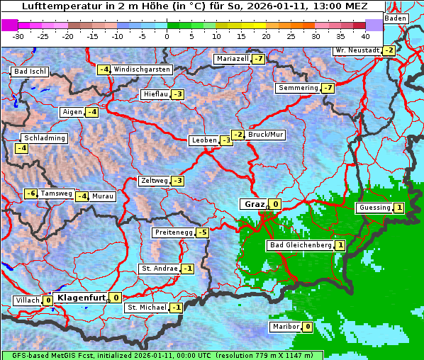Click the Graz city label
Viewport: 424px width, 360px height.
254,204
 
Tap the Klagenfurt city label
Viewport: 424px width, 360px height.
81,298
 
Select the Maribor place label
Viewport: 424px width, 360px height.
285,327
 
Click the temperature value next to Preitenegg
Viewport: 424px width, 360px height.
203,232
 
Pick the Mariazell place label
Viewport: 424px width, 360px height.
233,59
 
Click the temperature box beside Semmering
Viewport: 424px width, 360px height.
327,88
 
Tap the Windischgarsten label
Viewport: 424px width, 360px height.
142,69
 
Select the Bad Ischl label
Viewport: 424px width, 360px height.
30,72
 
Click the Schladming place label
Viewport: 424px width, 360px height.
44,138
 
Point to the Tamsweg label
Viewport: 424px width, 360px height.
56,193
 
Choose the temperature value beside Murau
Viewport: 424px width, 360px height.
82,196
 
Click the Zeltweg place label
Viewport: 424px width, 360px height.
154,181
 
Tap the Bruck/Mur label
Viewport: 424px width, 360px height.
266,135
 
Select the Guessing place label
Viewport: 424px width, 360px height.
374,208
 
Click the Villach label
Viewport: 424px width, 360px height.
28,300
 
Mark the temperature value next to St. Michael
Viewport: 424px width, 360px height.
175,308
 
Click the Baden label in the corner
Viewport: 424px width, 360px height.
396,18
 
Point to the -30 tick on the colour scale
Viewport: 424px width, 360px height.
18,35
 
